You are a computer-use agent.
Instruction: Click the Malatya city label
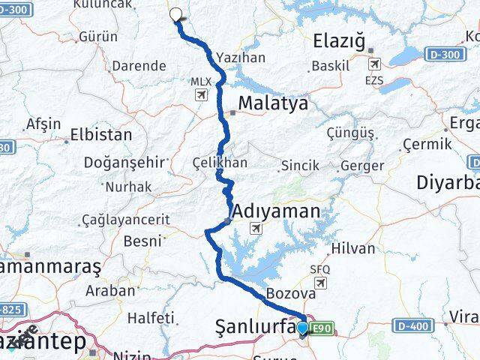(273, 103)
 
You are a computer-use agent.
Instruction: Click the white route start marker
(176, 13)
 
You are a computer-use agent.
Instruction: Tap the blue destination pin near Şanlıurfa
(302, 328)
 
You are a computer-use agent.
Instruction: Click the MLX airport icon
(200, 94)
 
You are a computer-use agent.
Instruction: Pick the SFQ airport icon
(321, 282)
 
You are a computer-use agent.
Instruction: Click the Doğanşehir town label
(119, 162)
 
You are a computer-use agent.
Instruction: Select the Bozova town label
(286, 292)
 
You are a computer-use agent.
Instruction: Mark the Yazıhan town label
(240, 56)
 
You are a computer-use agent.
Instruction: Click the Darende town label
(138, 66)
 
